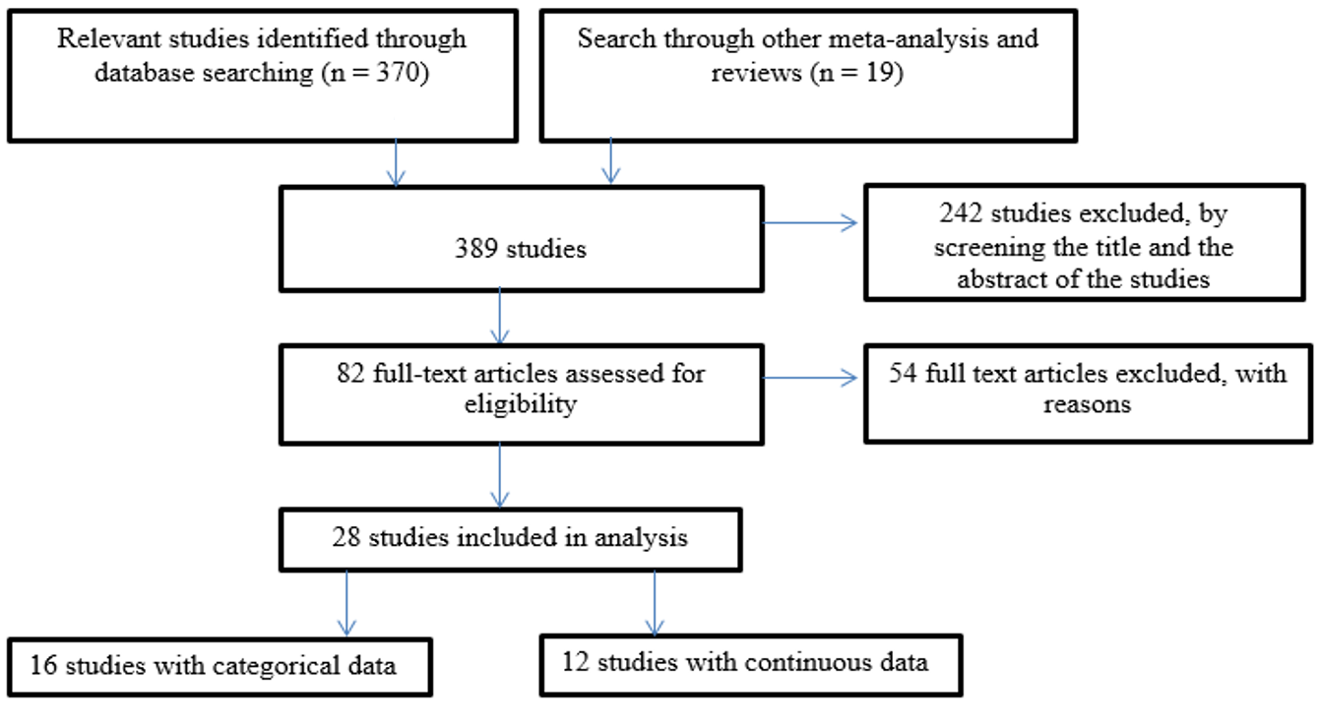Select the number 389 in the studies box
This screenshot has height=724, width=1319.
pyautogui.click(x=476, y=249)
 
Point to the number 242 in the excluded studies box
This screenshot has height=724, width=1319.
pyautogui.click(x=961, y=213)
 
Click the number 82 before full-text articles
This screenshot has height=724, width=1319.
pyautogui.click(x=351, y=373)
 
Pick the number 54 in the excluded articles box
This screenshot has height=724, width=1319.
pyautogui.click(x=903, y=373)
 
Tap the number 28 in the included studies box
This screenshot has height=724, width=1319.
pyautogui.click(x=346, y=537)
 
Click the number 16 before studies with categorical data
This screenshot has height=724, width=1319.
pyautogui.click(x=43, y=665)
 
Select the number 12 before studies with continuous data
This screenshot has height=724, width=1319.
pyautogui.click(x=575, y=662)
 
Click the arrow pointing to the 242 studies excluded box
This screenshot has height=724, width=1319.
pyautogui.click(x=810, y=223)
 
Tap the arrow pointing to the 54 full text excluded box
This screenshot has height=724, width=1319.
pyautogui.click(x=810, y=378)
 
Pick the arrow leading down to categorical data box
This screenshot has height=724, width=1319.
pyautogui.click(x=346, y=603)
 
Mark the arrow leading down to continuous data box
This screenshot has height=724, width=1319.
pyautogui.click(x=655, y=603)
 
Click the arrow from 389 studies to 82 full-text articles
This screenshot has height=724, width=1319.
pyautogui.click(x=500, y=316)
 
